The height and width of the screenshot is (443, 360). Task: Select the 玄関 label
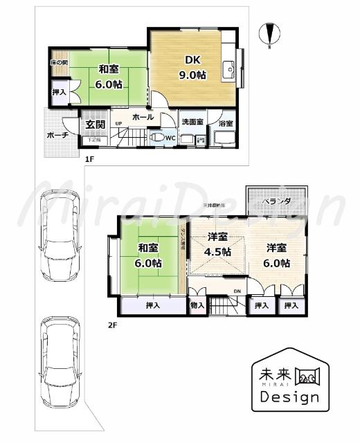pyautogui.click(x=94, y=125)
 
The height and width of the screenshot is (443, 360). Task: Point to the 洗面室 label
pyautogui.click(x=192, y=122)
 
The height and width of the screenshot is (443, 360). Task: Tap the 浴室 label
pyautogui.click(x=225, y=123)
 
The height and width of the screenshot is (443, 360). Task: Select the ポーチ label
pyautogui.click(x=57, y=135)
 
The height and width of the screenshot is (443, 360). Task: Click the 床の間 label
pyautogui.click(x=58, y=63)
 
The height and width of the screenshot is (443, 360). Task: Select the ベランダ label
pyautogui.click(x=276, y=201)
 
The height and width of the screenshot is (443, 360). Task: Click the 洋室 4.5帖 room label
pyautogui.click(x=219, y=244)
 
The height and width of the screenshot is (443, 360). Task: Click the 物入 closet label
pyautogui.click(x=197, y=304)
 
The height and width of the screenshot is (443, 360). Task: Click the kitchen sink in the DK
pyautogui.click(x=228, y=69)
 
